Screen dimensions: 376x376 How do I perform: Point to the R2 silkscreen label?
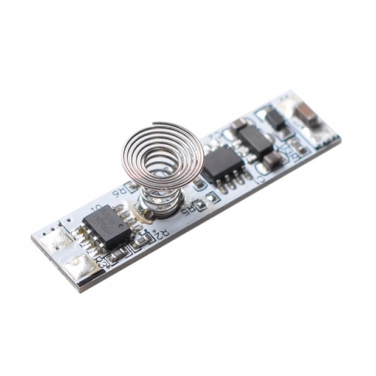(x=161, y=233)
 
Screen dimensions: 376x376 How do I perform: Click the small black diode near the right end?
(x=275, y=119)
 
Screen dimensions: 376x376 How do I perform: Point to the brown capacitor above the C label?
(x=271, y=159)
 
